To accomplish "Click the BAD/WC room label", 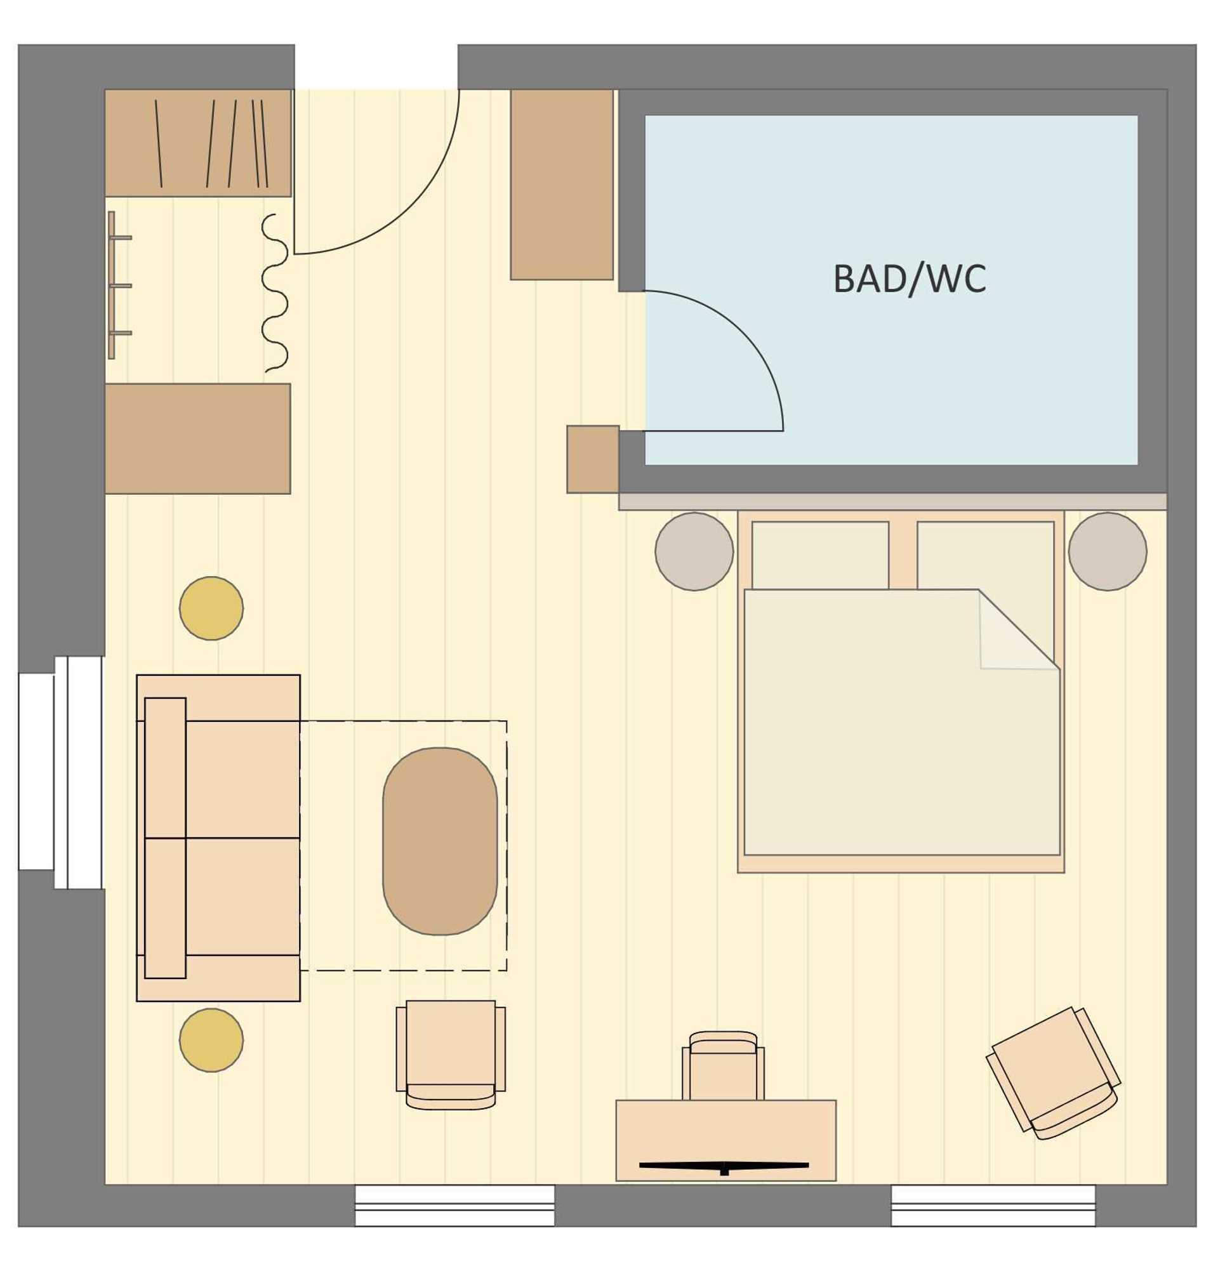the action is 910,279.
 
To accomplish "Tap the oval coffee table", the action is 440,841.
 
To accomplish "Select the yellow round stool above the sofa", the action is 211,608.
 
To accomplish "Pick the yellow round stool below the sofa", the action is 211,1040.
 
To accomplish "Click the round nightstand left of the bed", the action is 694,551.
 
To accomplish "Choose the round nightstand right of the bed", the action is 1108,551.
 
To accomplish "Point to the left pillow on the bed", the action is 820,556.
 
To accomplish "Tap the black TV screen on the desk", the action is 724,1183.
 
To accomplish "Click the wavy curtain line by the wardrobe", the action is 275,293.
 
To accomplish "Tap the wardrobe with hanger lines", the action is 198,143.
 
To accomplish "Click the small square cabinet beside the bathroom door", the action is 593,459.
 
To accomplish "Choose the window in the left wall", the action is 62,772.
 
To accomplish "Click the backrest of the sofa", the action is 165,838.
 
